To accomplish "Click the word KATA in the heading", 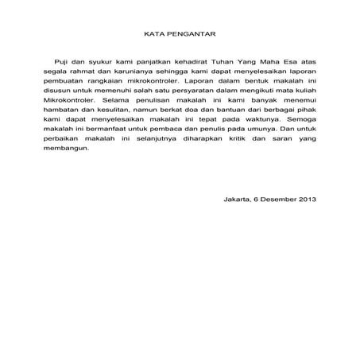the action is pos(153,36).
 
